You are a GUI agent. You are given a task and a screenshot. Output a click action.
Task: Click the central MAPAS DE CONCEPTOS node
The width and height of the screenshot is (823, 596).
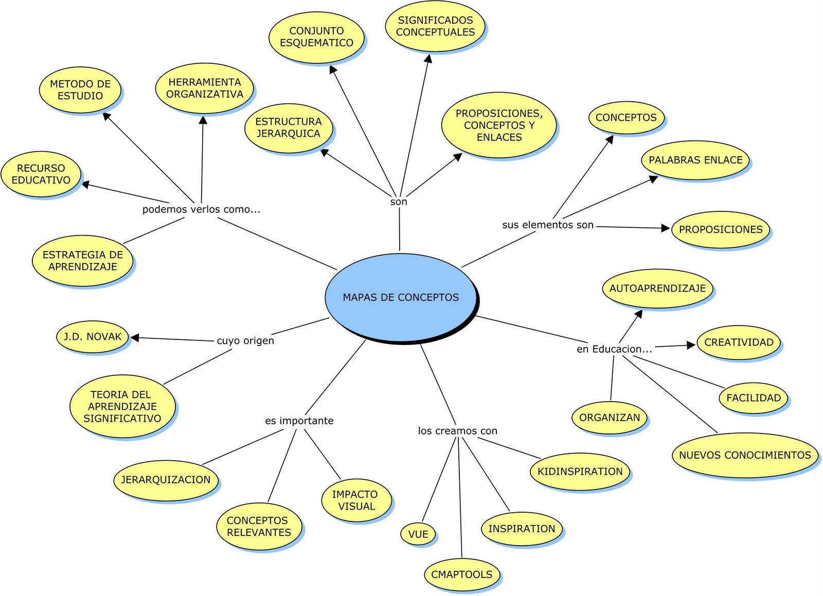coord(401,297)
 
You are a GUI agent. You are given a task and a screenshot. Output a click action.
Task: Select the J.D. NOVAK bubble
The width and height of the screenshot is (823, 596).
coord(93,337)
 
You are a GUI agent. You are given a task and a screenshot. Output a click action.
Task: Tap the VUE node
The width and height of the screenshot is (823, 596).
coord(418,534)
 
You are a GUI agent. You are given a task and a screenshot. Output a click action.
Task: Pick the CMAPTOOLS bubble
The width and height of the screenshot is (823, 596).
coord(461,574)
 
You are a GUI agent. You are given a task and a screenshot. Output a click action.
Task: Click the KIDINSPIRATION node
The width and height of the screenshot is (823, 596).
coord(580,472)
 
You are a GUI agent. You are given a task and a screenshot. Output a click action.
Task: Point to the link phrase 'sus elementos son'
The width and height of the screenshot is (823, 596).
coord(548,225)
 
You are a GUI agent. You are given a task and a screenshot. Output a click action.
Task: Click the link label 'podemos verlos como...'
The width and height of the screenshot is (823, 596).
coord(201,209)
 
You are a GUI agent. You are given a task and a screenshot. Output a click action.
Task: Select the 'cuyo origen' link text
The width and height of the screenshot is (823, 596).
coord(245,340)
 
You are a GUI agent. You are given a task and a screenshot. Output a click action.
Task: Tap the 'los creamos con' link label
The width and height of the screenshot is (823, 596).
coord(457,431)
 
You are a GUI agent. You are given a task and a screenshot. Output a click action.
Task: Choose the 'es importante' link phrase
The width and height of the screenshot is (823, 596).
coord(299,421)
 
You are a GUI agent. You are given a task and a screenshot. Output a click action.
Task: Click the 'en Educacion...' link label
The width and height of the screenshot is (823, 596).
coord(614,349)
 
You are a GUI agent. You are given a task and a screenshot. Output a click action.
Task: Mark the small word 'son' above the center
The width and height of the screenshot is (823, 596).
coord(399,202)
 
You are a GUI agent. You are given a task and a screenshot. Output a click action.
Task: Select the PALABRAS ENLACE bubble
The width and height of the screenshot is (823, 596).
coord(695,160)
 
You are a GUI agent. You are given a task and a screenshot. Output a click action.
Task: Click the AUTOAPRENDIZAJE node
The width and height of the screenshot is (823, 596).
coord(657,288)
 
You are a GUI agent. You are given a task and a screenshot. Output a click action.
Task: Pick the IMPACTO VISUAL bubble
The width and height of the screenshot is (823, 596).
coord(355,500)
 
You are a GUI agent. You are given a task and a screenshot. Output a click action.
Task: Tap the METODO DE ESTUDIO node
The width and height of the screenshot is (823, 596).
coord(80,90)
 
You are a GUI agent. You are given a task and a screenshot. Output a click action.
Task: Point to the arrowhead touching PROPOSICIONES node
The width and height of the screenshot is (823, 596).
coord(665,228)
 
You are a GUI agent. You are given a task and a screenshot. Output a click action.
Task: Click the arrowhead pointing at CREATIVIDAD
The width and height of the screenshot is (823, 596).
coord(691,346)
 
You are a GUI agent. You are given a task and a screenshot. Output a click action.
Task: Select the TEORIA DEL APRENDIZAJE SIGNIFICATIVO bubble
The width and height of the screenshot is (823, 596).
coord(122,406)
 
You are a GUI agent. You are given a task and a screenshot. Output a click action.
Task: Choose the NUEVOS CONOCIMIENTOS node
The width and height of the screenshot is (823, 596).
coord(744,455)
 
